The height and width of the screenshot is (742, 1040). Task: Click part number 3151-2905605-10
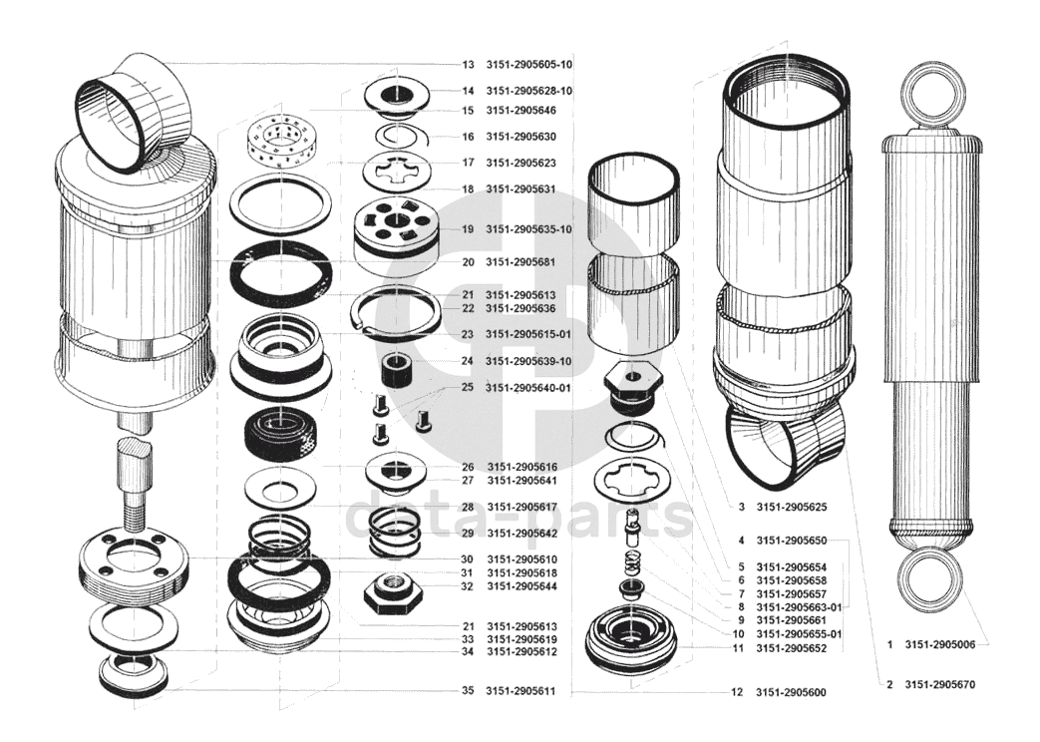click(x=529, y=65)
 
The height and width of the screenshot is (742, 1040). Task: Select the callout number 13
click(x=468, y=65)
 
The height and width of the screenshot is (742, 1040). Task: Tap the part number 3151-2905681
click(x=520, y=262)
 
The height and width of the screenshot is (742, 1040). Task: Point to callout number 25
click(x=468, y=388)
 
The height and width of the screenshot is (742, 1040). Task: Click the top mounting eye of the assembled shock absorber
click(x=932, y=97)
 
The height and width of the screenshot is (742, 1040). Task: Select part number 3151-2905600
click(x=791, y=692)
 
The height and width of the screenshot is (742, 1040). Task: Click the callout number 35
click(x=468, y=691)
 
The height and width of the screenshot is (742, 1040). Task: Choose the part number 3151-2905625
click(x=791, y=507)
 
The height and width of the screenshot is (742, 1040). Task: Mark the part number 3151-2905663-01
click(x=800, y=606)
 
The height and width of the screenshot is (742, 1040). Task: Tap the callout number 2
click(x=888, y=685)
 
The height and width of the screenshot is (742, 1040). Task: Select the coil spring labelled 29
click(x=397, y=534)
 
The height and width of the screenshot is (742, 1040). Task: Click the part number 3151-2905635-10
click(x=529, y=229)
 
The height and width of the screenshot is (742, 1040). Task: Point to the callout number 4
click(x=741, y=541)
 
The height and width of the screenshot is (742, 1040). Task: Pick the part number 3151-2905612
click(x=520, y=652)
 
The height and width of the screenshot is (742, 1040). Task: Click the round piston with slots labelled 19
click(x=397, y=230)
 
